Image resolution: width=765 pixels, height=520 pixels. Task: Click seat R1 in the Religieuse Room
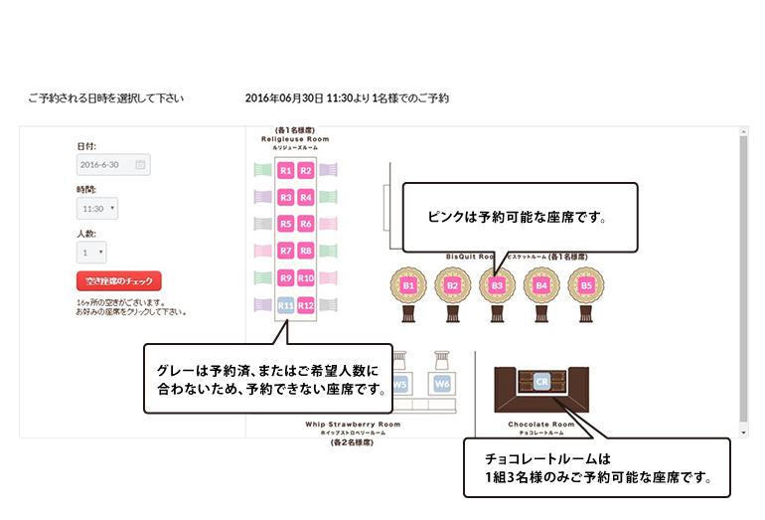285,171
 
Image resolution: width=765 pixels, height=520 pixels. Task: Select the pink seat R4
306,198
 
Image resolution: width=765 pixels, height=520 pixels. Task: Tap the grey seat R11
285,305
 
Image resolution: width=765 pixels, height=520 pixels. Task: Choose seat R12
306,305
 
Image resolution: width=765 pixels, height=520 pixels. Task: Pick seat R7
285,252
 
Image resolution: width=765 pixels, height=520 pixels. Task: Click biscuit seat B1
407,286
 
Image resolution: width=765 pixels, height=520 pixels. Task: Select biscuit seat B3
497,286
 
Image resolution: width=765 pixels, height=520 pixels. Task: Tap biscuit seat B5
586,286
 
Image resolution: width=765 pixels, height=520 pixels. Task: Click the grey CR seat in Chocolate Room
541,381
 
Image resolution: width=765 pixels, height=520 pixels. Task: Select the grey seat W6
441,383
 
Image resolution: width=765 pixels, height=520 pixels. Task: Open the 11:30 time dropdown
97,209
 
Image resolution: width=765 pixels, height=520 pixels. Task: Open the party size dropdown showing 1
91,253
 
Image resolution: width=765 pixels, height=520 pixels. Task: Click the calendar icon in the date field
140,164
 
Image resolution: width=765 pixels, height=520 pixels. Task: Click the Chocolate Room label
541,425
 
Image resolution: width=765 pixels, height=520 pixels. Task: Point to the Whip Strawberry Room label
353,425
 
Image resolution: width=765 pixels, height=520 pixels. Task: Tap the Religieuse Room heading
295,139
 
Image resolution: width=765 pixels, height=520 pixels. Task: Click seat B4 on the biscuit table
541,286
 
